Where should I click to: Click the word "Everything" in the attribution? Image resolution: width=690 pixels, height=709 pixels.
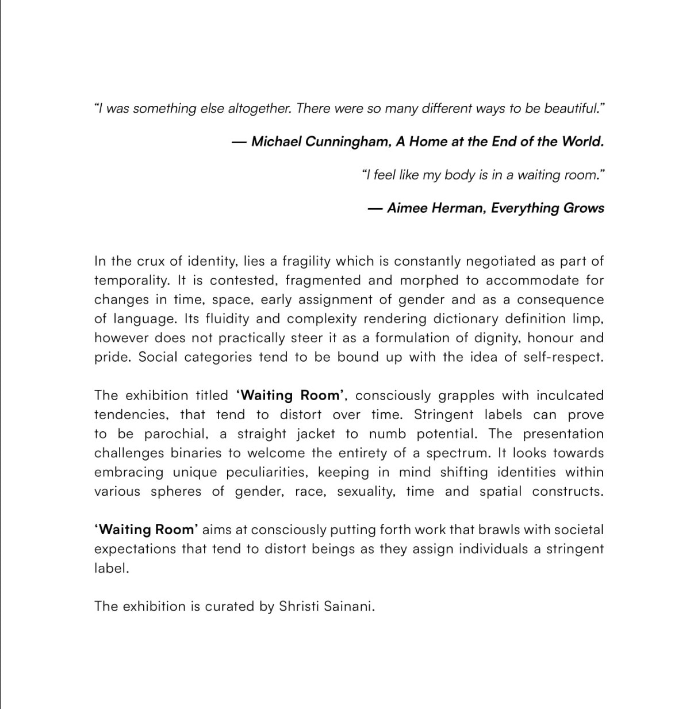click(x=525, y=208)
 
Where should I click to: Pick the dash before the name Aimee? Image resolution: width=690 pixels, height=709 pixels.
click(x=375, y=208)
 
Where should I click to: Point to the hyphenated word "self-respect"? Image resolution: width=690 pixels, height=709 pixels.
click(x=563, y=357)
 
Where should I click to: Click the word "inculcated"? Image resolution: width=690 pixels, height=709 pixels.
click(x=570, y=396)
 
